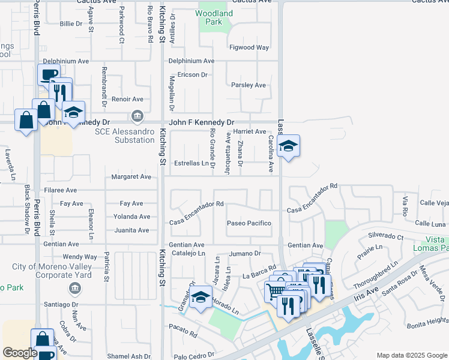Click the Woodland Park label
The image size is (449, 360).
click(214, 17)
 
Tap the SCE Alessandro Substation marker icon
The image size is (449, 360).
click(137, 115)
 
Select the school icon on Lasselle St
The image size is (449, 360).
click(288, 146)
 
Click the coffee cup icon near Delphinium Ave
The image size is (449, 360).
click(49, 74)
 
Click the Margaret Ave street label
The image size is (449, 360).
click(131, 177)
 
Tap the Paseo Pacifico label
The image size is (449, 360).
click(249, 223)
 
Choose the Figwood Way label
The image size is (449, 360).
click(249, 47)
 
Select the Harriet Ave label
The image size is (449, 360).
click(249, 131)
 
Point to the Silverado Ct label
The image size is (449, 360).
click(385, 236)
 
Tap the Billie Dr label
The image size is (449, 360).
click(71, 24)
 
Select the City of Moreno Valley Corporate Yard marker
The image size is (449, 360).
click(73, 287)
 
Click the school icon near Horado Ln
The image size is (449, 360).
click(200, 298)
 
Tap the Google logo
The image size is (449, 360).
click(20, 353)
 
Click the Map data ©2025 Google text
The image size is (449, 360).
click(411, 355)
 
